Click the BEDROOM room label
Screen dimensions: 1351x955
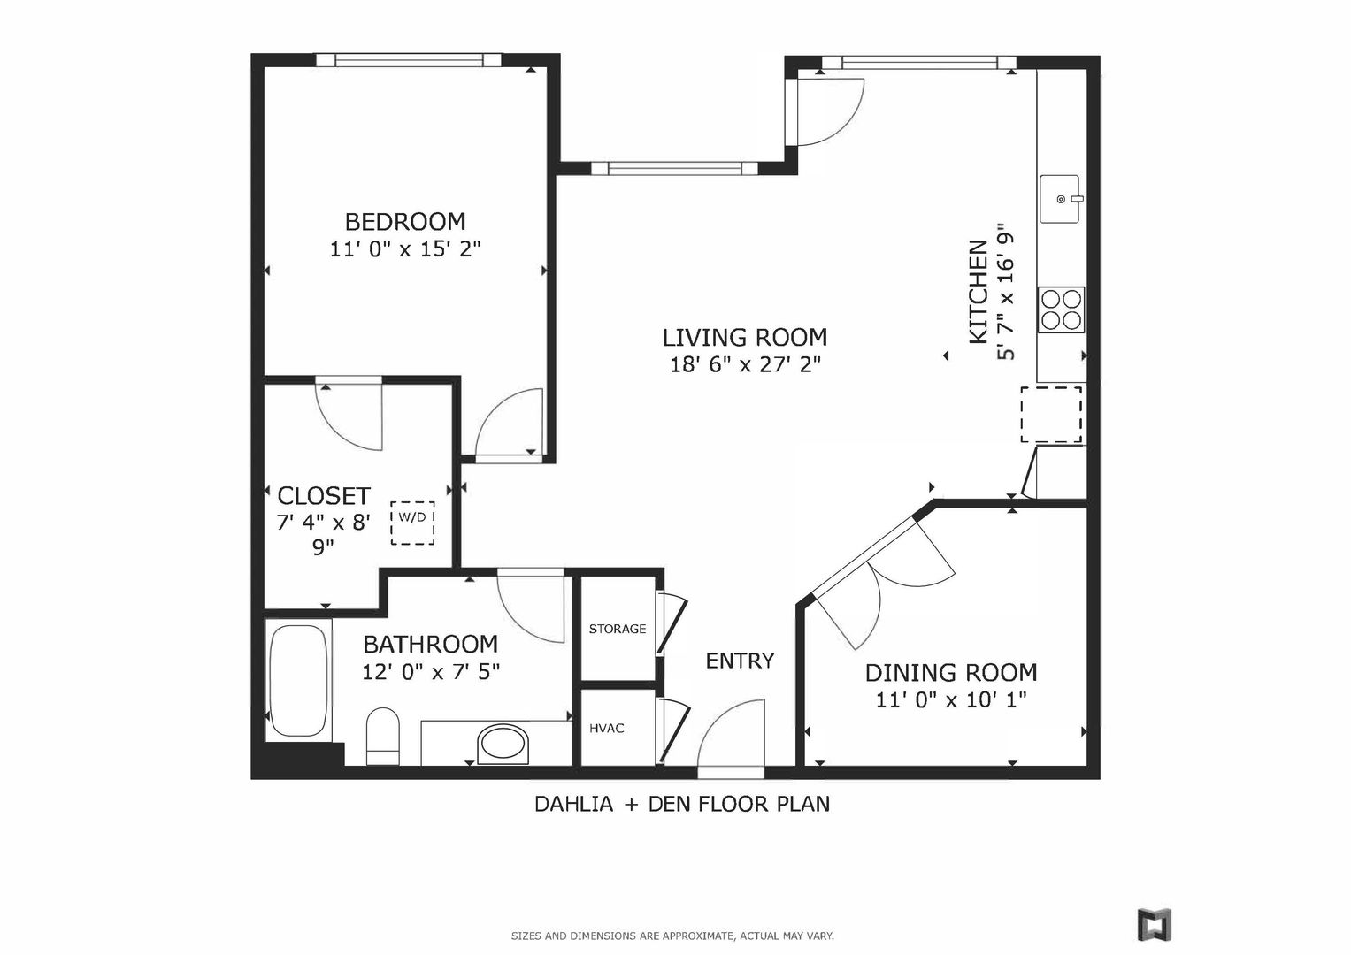(x=405, y=222)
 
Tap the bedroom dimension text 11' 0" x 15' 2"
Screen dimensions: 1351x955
(x=405, y=249)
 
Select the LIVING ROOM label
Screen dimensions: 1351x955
(x=745, y=338)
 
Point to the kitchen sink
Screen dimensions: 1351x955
(x=1060, y=199)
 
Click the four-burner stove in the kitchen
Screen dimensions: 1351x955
(x=1061, y=309)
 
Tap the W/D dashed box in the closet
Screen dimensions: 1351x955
(x=412, y=523)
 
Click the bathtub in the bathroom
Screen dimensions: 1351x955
(x=299, y=680)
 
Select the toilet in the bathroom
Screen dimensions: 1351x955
(x=383, y=736)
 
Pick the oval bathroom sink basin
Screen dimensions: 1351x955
(x=503, y=744)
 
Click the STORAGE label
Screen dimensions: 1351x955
(x=618, y=629)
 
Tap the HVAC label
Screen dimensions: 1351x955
(x=607, y=729)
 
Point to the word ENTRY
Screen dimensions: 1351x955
(x=740, y=661)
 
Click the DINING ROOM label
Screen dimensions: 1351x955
(x=951, y=673)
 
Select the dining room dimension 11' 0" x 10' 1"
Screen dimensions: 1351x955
(x=951, y=700)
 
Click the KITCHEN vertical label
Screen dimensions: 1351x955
(x=979, y=293)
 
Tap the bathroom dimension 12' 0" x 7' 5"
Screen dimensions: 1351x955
(x=431, y=672)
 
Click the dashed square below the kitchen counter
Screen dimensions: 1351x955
(x=1051, y=414)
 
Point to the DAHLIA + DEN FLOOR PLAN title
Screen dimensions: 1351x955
(x=682, y=804)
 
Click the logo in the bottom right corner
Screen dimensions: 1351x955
(x=1155, y=924)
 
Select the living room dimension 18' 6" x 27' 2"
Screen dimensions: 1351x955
(x=746, y=364)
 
